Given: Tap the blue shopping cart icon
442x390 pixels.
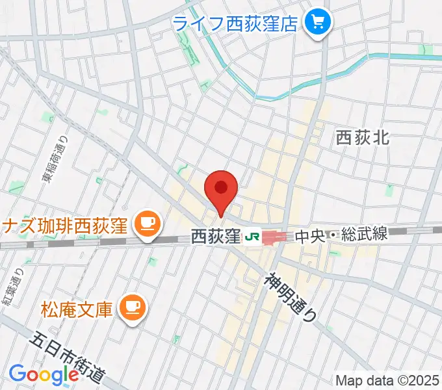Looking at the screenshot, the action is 318,24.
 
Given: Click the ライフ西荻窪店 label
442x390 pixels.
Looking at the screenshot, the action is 235,24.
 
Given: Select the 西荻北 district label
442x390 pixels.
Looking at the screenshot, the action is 363,137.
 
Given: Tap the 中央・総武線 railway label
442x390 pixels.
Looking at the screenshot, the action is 341,235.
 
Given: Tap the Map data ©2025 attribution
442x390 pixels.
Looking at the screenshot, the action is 387,381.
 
